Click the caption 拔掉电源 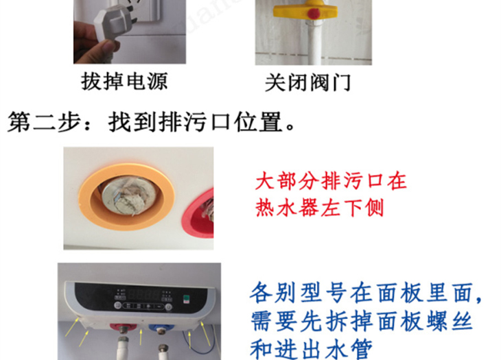124,82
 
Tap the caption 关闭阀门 307,83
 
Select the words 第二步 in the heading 44,122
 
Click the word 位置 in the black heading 259,122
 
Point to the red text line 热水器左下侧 320,208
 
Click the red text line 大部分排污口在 331,181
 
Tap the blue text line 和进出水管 311,349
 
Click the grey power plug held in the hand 112,23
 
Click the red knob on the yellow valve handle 314,14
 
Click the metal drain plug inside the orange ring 130,195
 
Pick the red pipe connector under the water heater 123,328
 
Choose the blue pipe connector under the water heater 162,328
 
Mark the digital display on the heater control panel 144,295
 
